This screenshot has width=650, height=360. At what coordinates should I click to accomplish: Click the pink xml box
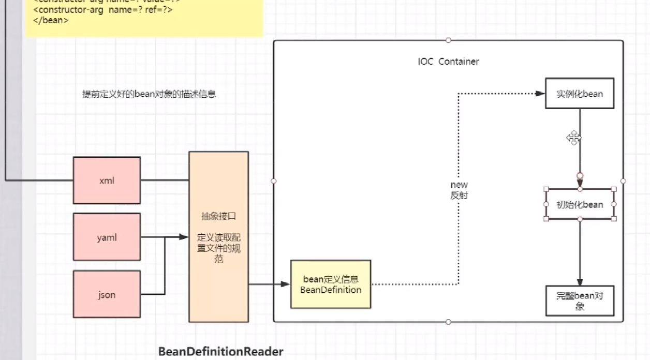[107, 181]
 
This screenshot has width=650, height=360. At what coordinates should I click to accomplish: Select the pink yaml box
[107, 237]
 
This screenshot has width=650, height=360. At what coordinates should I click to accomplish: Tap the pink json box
[107, 294]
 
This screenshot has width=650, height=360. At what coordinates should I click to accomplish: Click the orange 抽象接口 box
[218, 237]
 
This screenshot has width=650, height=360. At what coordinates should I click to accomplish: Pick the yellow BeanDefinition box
[331, 284]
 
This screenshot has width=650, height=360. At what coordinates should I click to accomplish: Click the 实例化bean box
[580, 94]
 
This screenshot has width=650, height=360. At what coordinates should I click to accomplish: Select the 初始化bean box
[580, 204]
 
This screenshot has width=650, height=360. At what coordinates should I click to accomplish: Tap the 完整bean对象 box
[580, 301]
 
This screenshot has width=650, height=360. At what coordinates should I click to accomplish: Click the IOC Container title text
[448, 62]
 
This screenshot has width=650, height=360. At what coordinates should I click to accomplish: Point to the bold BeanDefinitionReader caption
[221, 352]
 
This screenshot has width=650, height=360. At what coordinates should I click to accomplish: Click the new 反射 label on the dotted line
[459, 190]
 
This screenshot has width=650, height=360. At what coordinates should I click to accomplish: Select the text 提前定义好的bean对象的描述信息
[149, 94]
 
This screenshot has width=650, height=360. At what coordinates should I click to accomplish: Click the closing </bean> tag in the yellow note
[51, 21]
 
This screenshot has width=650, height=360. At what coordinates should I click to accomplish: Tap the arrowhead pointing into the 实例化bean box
[540, 94]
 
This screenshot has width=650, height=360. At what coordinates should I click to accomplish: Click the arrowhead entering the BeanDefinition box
[285, 284]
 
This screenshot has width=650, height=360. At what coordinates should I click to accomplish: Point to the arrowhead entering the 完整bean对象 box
[580, 281]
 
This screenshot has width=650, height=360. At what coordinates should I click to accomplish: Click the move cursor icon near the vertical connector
[573, 138]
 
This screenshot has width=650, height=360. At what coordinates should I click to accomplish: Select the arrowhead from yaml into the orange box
[184, 237]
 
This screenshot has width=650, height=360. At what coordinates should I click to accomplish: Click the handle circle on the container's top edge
[448, 40]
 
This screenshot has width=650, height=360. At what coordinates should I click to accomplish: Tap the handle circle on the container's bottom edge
[448, 322]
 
